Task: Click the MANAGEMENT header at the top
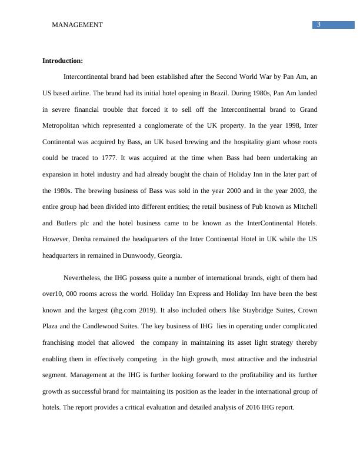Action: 77,25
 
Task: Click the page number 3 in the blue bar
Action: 318,24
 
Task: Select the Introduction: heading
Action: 63,61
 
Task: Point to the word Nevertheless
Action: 85,278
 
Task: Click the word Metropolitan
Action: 64,126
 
